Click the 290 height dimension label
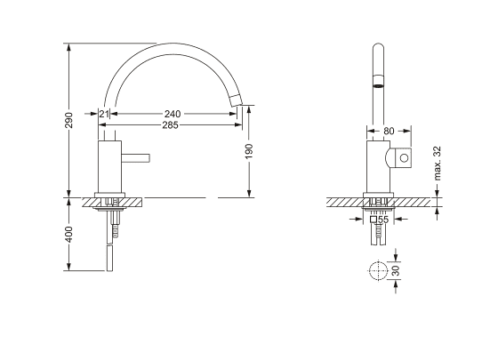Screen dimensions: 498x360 point(69,120)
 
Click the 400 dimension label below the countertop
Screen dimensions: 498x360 point(69,235)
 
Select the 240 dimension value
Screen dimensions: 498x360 point(173,114)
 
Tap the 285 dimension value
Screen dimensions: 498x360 point(170,125)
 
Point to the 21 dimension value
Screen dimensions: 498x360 point(104,114)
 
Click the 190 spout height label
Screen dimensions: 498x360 point(249,151)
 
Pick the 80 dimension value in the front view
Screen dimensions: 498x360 point(389,131)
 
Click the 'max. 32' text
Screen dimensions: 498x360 point(438,163)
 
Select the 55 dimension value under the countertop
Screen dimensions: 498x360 point(383,220)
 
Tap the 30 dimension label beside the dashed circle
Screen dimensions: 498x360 point(396,270)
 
